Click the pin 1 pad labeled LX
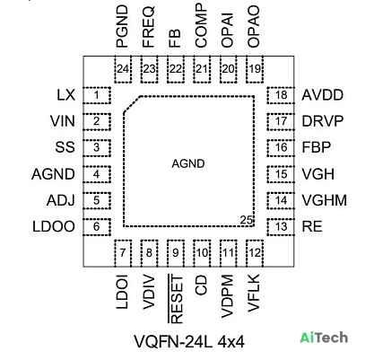97,95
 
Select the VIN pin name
63,121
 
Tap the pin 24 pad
123,69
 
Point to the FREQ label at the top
149,27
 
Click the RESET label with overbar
176,299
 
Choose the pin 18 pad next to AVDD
281,95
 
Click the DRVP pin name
323,121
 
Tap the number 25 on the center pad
247,220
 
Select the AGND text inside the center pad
188,163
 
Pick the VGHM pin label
325,200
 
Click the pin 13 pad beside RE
281,227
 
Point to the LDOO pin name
54,226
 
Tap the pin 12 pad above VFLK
255,253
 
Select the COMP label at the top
201,25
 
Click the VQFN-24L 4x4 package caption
189,341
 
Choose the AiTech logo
324,338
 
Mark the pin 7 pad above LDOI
123,253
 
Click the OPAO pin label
254,27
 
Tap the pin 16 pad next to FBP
281,148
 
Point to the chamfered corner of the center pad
132,104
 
